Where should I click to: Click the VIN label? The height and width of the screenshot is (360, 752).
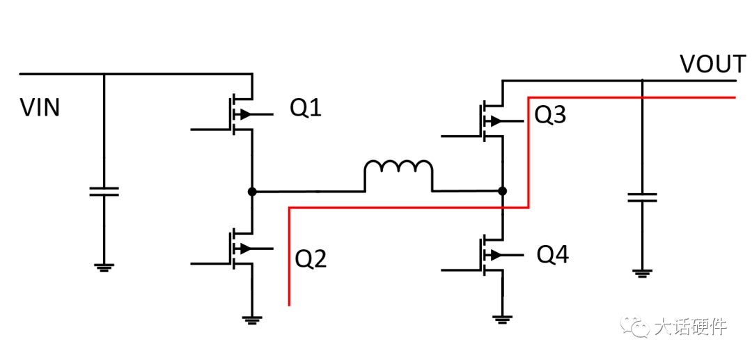click(x=40, y=108)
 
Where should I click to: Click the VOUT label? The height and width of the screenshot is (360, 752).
click(x=712, y=64)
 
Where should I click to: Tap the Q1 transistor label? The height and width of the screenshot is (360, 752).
click(x=306, y=109)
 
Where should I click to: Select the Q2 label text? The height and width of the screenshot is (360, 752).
click(x=311, y=259)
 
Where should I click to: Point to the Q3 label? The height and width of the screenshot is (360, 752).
click(x=550, y=116)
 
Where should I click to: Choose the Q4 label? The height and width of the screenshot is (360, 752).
click(x=552, y=256)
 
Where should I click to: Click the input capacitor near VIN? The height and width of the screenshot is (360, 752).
click(x=104, y=191)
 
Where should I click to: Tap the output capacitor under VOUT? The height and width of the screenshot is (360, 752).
click(x=642, y=196)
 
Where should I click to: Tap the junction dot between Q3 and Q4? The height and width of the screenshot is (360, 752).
click(x=502, y=191)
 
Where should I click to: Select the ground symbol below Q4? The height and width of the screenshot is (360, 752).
click(x=502, y=319)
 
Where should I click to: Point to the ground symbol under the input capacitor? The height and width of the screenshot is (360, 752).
click(x=104, y=267)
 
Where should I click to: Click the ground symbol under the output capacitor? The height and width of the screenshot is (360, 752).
click(x=642, y=273)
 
